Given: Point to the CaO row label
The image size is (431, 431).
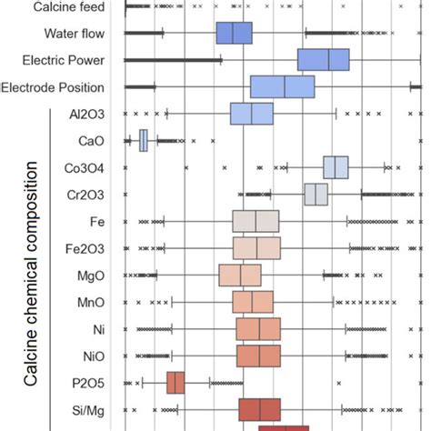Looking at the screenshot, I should point(92,141).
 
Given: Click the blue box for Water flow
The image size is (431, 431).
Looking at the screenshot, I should point(234,33).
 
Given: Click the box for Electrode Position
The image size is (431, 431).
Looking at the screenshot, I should point(282,86).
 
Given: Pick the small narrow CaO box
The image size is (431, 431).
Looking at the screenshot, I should point(143,141).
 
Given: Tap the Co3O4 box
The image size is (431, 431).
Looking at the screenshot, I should point(335,168).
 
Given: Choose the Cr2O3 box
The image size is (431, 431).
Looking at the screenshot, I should point(316,195).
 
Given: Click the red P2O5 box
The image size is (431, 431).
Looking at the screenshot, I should point(175,383).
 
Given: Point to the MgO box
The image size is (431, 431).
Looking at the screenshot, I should point(240,276).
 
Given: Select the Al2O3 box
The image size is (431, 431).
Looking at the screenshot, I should point(251,114).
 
